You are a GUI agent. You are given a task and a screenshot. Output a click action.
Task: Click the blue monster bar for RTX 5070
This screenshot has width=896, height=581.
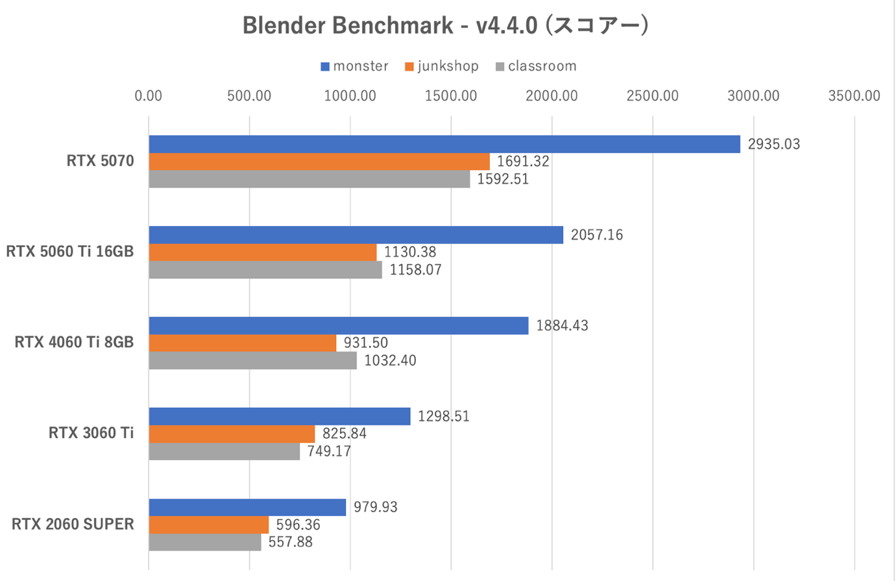pos(444,144)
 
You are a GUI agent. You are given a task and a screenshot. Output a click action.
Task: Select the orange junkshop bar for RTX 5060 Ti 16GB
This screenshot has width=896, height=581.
pos(263,252)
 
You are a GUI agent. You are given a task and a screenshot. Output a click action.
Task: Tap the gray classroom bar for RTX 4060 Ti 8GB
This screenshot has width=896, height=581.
pos(253,360)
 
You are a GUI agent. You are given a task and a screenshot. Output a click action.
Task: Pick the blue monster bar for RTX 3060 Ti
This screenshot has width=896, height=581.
pos(280,416)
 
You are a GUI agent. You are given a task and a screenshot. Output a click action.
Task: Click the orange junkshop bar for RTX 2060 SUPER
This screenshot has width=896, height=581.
pos(209,525)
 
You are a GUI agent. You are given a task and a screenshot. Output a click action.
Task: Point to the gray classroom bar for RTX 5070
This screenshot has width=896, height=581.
pos(309,179)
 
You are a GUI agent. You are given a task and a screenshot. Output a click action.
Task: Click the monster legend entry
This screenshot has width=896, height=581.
pos(354,66)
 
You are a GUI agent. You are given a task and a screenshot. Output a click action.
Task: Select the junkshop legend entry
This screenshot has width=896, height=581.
pos(441,66)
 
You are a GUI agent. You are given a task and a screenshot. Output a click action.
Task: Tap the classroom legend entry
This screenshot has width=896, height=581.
pos(535,66)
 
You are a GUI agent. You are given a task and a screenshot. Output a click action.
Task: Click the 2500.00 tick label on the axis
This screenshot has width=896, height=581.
pos(653,96)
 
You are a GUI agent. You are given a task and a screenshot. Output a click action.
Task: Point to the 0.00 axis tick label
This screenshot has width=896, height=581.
pos(149,96)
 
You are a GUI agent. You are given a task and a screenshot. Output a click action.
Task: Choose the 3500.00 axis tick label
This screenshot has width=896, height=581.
pos(854,96)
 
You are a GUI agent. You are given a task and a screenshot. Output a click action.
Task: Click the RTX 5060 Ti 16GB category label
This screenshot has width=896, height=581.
pos(70,251)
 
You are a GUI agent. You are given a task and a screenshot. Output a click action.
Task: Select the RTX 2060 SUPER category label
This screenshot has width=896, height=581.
pos(73,524)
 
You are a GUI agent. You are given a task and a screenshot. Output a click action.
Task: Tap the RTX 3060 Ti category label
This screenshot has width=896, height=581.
pos(91,433)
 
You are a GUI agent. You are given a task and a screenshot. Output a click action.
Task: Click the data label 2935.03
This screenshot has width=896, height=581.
pos(774,144)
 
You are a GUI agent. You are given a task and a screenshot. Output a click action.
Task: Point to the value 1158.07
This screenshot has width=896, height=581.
pos(415,269)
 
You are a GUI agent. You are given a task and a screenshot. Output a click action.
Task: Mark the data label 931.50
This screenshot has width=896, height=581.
pos(366,343)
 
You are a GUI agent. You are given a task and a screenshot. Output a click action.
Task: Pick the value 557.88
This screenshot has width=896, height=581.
pos(291,542)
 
